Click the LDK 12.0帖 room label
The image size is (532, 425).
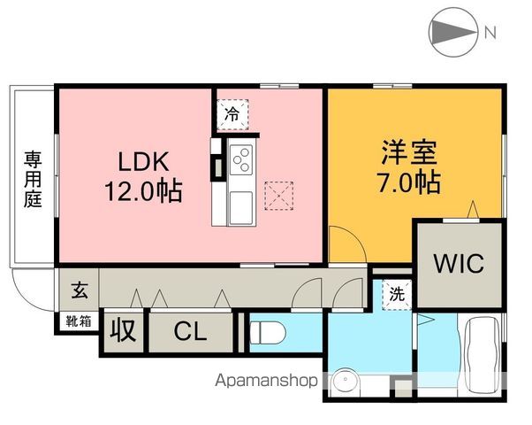pyautogui.click(x=143, y=176)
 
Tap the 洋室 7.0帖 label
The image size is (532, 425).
pyautogui.click(x=409, y=166)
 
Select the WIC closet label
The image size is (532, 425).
pyautogui.click(x=459, y=264)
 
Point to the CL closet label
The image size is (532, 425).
pyautogui.click(x=190, y=331)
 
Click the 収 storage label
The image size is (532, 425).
pyautogui.click(x=123, y=330)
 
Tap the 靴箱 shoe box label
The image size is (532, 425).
pyautogui.click(x=79, y=321)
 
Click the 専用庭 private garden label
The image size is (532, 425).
pyautogui.click(x=33, y=180)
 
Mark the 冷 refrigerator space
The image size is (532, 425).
pyautogui.click(x=232, y=114)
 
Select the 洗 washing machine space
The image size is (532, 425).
pyautogui.click(x=397, y=295)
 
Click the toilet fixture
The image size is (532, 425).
pyautogui.click(x=267, y=333)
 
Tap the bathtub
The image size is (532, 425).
pyautogui.click(x=483, y=354)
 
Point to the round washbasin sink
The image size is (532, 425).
pyautogui.click(x=346, y=381)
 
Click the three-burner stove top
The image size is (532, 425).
pyautogui.click(x=241, y=159)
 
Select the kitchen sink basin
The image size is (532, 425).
pyautogui.click(x=241, y=208)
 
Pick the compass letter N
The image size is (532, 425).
pyautogui.click(x=490, y=32)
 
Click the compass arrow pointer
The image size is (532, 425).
pyautogui.click(x=452, y=32)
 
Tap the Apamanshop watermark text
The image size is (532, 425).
pyautogui.click(x=266, y=381)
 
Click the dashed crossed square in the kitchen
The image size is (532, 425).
pyautogui.click(x=279, y=196)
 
